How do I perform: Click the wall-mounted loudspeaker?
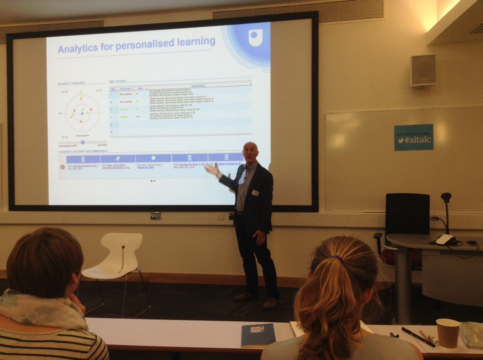[423, 71]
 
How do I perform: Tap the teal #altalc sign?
[414, 137]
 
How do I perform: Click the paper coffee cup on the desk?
[447, 333]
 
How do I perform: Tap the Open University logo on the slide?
[255, 37]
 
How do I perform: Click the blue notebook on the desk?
[258, 334]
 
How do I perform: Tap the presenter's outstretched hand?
[213, 169]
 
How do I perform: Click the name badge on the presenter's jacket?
[255, 193]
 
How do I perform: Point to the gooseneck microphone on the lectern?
[446, 212]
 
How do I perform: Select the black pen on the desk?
[417, 336]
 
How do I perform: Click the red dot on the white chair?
[123, 247]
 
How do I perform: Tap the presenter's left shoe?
[270, 303]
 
